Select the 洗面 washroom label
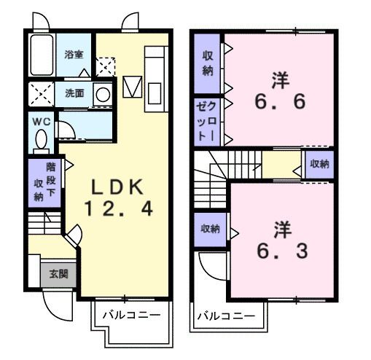point(74,93)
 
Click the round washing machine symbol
point(103,94)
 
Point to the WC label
point(39,121)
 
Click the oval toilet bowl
point(41,138)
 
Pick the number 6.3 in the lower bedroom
point(280,251)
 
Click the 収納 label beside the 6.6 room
point(208,64)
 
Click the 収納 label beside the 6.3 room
point(210,229)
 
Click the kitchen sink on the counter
point(155,95)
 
